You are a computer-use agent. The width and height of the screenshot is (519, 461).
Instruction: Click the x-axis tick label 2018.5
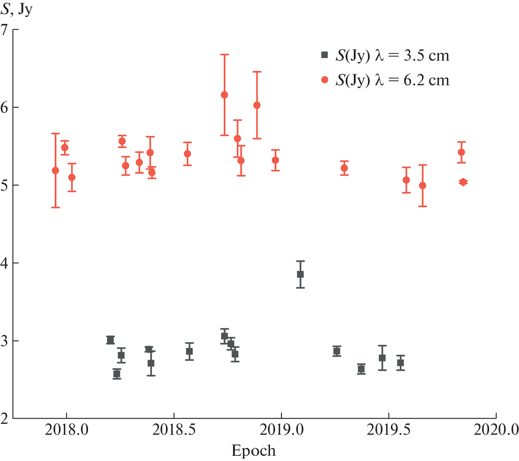pyautogui.click(x=174, y=429)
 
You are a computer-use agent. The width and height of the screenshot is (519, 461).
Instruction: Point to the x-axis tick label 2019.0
pyautogui.click(x=281, y=429)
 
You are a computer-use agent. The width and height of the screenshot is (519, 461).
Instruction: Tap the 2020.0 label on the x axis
pyautogui.click(x=496, y=429)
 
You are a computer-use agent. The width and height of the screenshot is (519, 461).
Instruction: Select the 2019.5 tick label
pyautogui.click(x=389, y=429)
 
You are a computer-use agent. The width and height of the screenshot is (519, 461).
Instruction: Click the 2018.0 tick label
pyautogui.click(x=67, y=429)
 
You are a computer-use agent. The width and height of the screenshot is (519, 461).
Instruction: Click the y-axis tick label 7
pyautogui.click(x=5, y=30)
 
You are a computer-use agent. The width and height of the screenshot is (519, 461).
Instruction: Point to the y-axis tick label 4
pyautogui.click(x=5, y=263)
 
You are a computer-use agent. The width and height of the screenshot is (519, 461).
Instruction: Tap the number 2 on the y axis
pyautogui.click(x=5, y=419)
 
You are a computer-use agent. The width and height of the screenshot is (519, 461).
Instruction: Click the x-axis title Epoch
pyautogui.click(x=253, y=450)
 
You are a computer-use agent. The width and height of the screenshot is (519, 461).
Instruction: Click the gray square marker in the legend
pyautogui.click(x=324, y=55)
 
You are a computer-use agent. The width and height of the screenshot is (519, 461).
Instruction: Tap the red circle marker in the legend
pyautogui.click(x=324, y=80)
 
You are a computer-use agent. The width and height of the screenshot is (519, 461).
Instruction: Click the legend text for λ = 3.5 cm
pyautogui.click(x=392, y=56)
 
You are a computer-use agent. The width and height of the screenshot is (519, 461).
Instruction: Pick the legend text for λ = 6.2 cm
pyautogui.click(x=392, y=80)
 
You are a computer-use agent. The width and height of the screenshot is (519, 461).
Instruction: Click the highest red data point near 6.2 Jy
pyautogui.click(x=224, y=95)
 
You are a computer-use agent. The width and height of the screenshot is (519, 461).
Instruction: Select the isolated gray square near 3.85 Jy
pyautogui.click(x=300, y=274)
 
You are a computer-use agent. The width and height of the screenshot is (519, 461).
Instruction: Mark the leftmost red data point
pyautogui.click(x=55, y=171)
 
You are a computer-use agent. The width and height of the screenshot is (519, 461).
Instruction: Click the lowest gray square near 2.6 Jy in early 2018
pyautogui.click(x=117, y=374)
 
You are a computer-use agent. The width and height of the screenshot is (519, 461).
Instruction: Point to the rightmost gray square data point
pyautogui.click(x=400, y=363)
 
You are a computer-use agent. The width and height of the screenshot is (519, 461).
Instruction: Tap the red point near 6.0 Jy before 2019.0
pyautogui.click(x=256, y=105)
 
